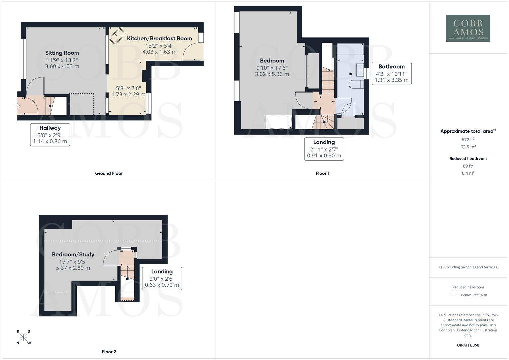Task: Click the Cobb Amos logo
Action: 468,28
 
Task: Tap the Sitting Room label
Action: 62,53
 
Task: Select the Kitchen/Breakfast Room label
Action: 159,38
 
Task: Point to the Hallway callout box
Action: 50,135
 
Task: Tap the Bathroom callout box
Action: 391,73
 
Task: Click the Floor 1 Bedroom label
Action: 272,61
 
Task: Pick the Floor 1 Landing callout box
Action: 324,149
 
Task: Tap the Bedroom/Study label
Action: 73,254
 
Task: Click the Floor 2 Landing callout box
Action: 162,278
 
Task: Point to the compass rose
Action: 23,337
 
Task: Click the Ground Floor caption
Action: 109,173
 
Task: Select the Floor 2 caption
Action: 109,352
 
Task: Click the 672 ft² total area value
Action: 468,140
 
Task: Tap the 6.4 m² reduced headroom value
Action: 468,173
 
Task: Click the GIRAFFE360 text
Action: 468,345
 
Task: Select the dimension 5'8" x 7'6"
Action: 128,88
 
